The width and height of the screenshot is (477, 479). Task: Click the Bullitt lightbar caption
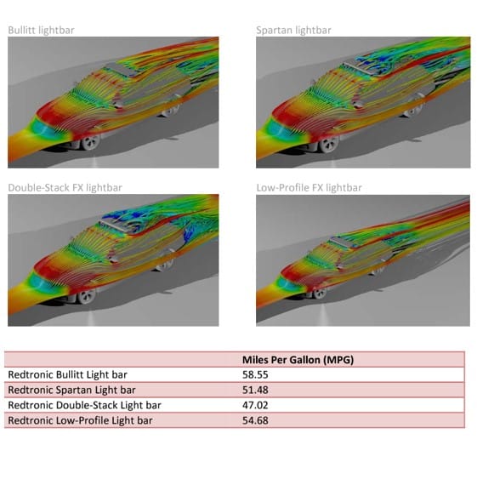click(42, 31)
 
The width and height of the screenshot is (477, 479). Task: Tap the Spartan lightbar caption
click(293, 31)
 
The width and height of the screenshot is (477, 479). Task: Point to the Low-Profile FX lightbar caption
click(309, 187)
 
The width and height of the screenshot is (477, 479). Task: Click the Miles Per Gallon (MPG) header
click(298, 360)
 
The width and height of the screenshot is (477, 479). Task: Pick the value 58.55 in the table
click(256, 374)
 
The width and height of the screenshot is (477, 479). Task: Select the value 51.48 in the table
click(256, 390)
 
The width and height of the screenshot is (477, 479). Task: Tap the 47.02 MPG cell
click(256, 405)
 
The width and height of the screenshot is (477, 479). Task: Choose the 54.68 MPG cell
click(256, 420)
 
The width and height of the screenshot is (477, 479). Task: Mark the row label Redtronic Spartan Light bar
click(67, 390)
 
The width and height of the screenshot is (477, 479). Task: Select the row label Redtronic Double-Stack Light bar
click(84, 405)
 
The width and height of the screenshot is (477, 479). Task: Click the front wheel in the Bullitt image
click(89, 140)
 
